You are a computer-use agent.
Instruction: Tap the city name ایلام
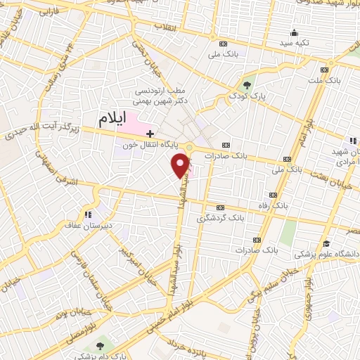[94, 119]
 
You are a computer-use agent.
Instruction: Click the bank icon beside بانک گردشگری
[219, 207]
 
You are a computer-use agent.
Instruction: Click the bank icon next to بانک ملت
[324, 70]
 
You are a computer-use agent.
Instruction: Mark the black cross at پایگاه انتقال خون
[149, 133]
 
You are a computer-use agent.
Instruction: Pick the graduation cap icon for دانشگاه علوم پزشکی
[326, 243]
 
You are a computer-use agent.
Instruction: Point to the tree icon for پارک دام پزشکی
[99, 346]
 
